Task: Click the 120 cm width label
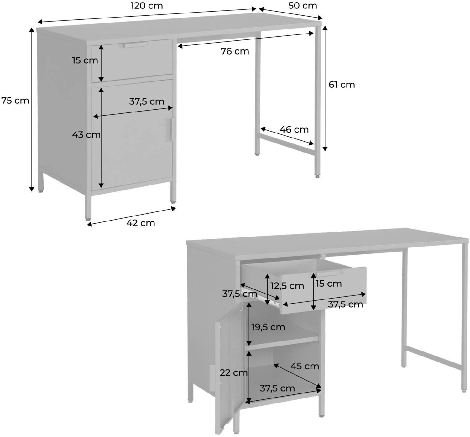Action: pyautogui.click(x=147, y=6)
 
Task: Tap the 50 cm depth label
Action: pyautogui.click(x=303, y=6)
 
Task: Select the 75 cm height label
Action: pyautogui.click(x=15, y=101)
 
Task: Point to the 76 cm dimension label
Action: pyautogui.click(x=235, y=51)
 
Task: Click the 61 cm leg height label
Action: pyautogui.click(x=342, y=85)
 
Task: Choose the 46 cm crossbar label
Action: pyautogui.click(x=294, y=130)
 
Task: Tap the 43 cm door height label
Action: pyautogui.click(x=86, y=135)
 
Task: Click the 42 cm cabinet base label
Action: pyautogui.click(x=141, y=223)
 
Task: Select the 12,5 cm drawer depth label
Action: pyautogui.click(x=287, y=286)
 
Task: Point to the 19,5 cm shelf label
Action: pyautogui.click(x=268, y=327)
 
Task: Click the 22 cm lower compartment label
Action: pyautogui.click(x=233, y=373)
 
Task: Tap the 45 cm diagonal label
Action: pyautogui.click(x=305, y=367)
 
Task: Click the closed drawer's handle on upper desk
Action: pyautogui.click(x=135, y=45)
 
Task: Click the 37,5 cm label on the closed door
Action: pyautogui.click(x=147, y=102)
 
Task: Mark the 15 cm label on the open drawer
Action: pyautogui.click(x=329, y=284)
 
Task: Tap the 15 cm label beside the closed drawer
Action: pyautogui.click(x=85, y=60)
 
